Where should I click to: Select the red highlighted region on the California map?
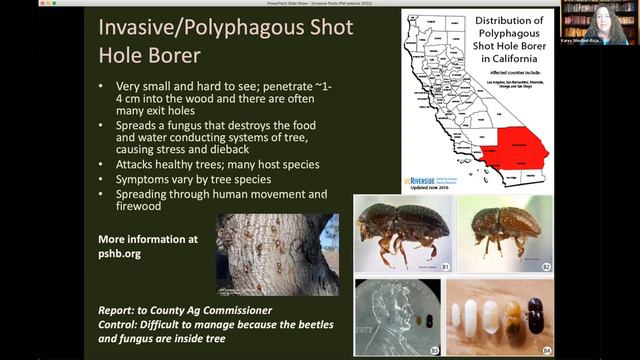pos(515,150)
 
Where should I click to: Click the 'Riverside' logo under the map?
pos(421,181)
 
